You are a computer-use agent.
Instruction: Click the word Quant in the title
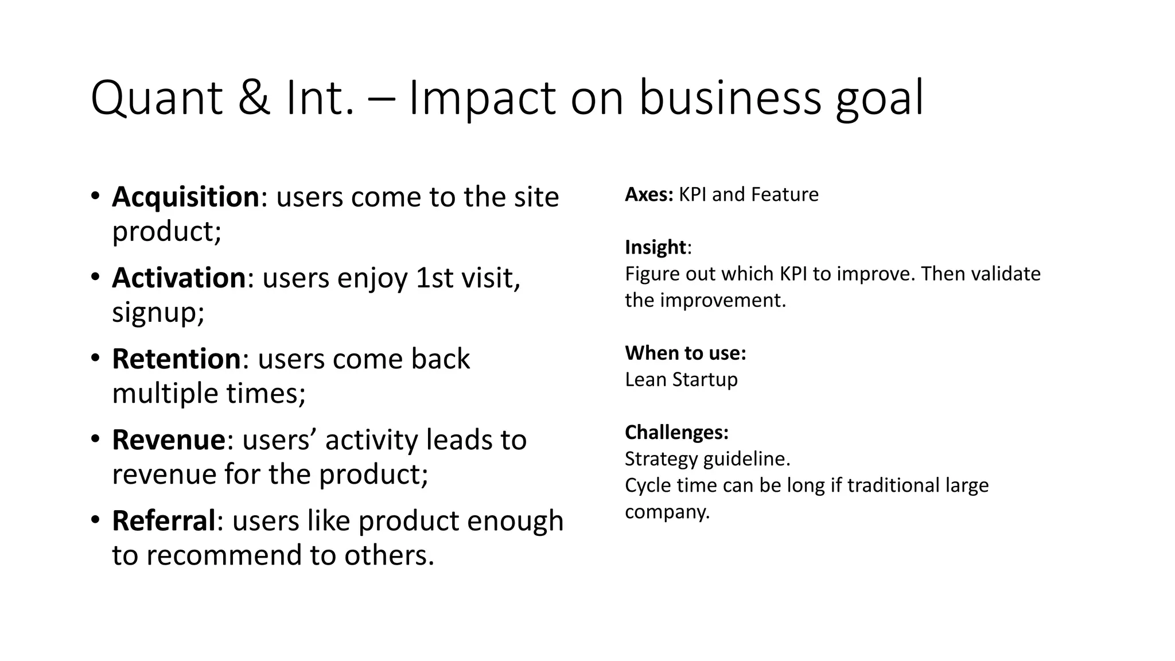coord(156,99)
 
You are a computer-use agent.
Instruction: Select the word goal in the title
coord(880,99)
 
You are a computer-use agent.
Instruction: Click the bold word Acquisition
coord(186,197)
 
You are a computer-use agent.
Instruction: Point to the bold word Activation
coord(179,278)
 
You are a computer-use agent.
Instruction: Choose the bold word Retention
coord(176,359)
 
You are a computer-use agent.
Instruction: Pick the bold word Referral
coord(164,521)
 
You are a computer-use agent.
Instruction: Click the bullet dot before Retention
coord(95,359)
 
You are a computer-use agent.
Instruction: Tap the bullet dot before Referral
coord(95,520)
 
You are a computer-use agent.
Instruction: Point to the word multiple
coord(165,394)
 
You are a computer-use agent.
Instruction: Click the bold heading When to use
coord(686,353)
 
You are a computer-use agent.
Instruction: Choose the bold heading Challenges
coord(676,432)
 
